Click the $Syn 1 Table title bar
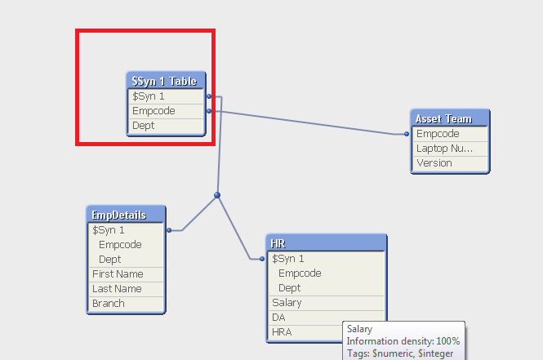click(x=166, y=81)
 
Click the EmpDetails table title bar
click(x=126, y=216)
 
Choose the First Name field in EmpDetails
click(x=126, y=274)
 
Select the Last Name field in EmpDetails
click(x=126, y=289)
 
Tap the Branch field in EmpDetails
click(x=126, y=304)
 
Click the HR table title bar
click(x=327, y=244)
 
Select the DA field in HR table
click(x=306, y=318)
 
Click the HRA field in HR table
click(x=306, y=332)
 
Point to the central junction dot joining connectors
click(x=217, y=195)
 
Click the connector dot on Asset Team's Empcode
click(x=407, y=133)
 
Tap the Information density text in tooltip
click(x=403, y=341)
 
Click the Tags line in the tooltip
click(x=403, y=353)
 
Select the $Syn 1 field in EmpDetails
click(x=126, y=230)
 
